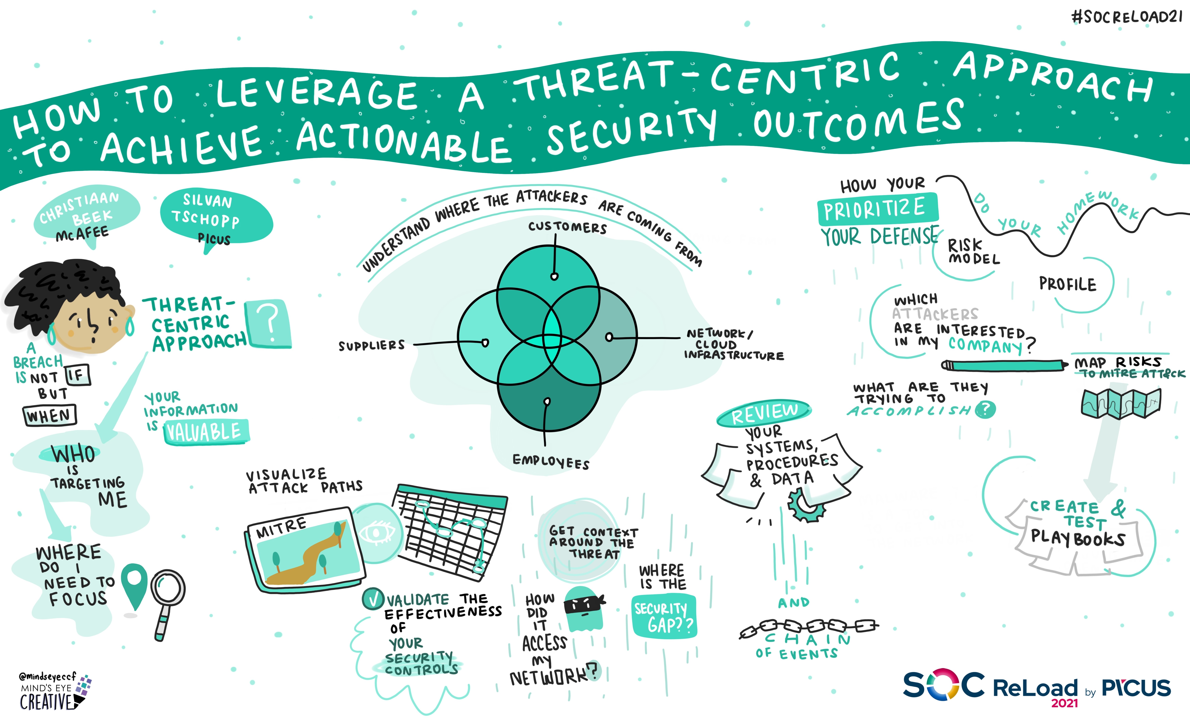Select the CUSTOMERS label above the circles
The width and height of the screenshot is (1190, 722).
point(567,227)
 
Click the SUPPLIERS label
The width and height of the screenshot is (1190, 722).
point(371,345)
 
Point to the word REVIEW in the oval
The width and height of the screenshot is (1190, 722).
point(764,413)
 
